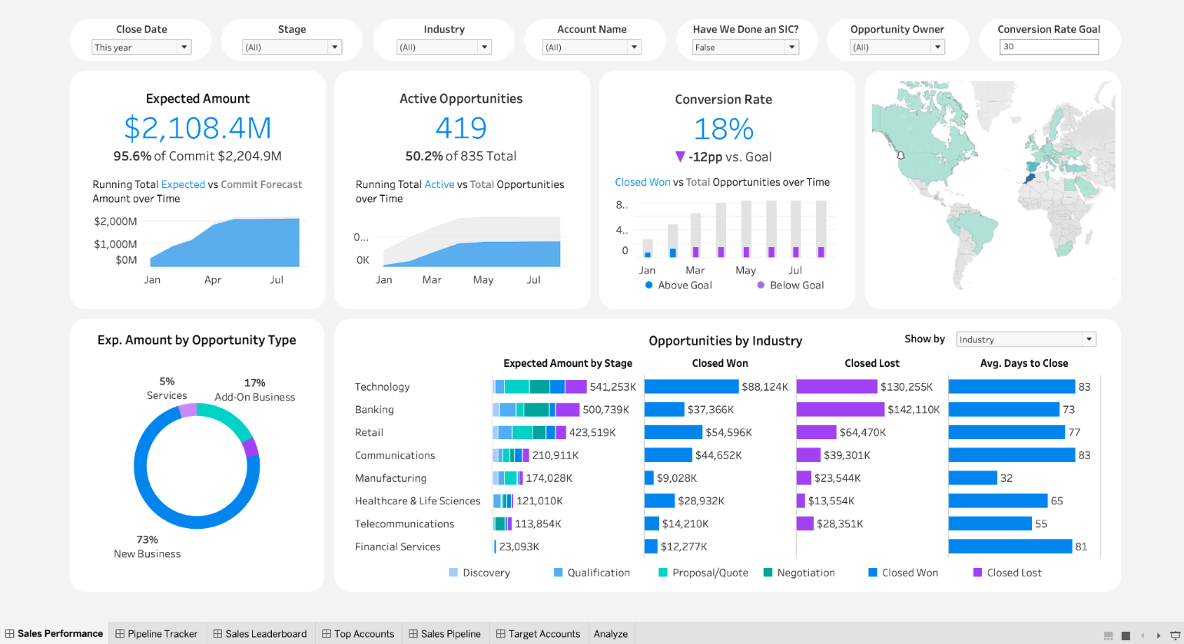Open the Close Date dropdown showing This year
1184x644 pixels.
tap(141, 48)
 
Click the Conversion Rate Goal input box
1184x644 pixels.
tap(1049, 47)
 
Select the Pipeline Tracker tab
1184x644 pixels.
tap(157, 634)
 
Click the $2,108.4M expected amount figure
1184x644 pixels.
tap(197, 128)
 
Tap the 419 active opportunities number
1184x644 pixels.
tap(461, 128)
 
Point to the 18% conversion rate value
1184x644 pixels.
tap(723, 129)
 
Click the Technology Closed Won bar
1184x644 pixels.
tap(691, 387)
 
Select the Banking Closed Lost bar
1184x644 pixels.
tap(840, 410)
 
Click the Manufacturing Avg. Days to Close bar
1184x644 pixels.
tap(973, 478)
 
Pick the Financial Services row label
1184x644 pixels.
tap(397, 547)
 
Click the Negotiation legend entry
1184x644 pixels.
tap(805, 573)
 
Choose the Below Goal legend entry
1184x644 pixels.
tap(796, 285)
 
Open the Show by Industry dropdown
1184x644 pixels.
tap(1026, 339)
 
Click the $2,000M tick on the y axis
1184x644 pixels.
tap(115, 222)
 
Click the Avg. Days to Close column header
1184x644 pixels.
tap(1023, 363)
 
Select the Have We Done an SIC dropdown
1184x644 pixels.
tap(745, 48)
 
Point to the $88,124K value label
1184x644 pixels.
tap(764, 387)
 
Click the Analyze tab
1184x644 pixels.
tap(611, 634)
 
